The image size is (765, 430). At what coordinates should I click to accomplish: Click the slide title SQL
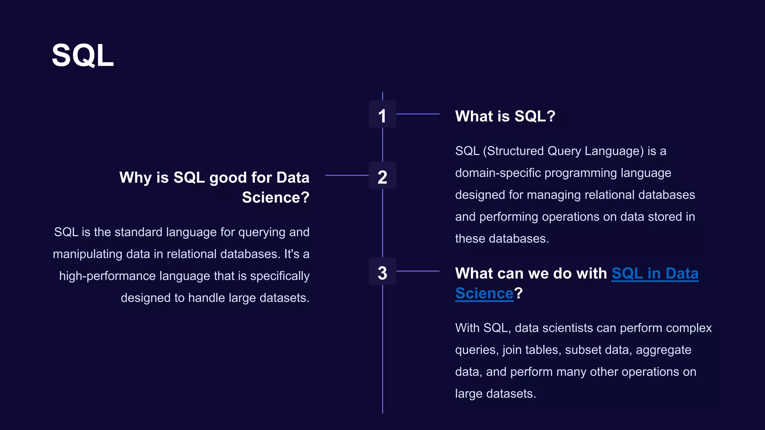[x=83, y=56]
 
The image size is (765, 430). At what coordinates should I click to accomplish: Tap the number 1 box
[x=382, y=115]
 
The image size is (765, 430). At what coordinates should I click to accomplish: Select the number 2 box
[x=382, y=176]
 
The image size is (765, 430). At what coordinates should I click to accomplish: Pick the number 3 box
[x=382, y=272]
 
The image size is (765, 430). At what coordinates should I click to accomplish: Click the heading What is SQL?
[x=505, y=116]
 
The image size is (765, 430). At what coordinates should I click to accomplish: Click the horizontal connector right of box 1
[x=418, y=114]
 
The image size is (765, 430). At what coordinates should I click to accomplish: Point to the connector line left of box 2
[x=347, y=175]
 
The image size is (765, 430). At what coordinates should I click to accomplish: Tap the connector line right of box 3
[x=418, y=271]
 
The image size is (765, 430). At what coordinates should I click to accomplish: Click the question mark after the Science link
[x=518, y=293]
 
